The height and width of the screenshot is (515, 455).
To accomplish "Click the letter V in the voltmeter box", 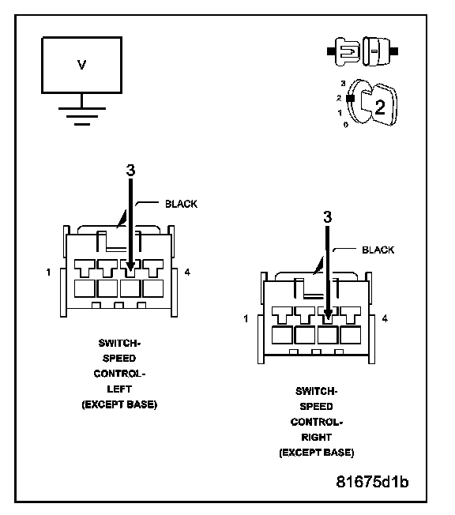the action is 82,65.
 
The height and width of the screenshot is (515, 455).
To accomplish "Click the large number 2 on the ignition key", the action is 380,107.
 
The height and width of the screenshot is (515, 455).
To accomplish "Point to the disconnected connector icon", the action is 363,51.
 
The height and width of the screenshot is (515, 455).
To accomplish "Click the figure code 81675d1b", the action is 372,482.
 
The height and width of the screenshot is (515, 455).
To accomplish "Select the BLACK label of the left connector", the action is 181,204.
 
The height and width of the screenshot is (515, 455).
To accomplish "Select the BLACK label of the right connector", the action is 378,250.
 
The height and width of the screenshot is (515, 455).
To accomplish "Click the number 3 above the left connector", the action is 131,170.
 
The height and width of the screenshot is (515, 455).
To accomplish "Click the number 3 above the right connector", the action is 328,216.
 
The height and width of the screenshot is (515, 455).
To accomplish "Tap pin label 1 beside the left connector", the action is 49,273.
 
